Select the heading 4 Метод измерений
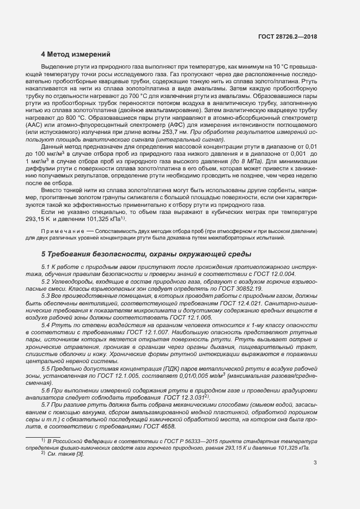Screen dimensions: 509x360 [76, 54]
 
